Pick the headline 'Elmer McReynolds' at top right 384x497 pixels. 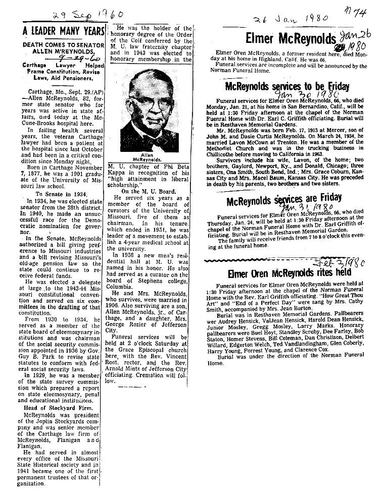coord(291,38)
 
